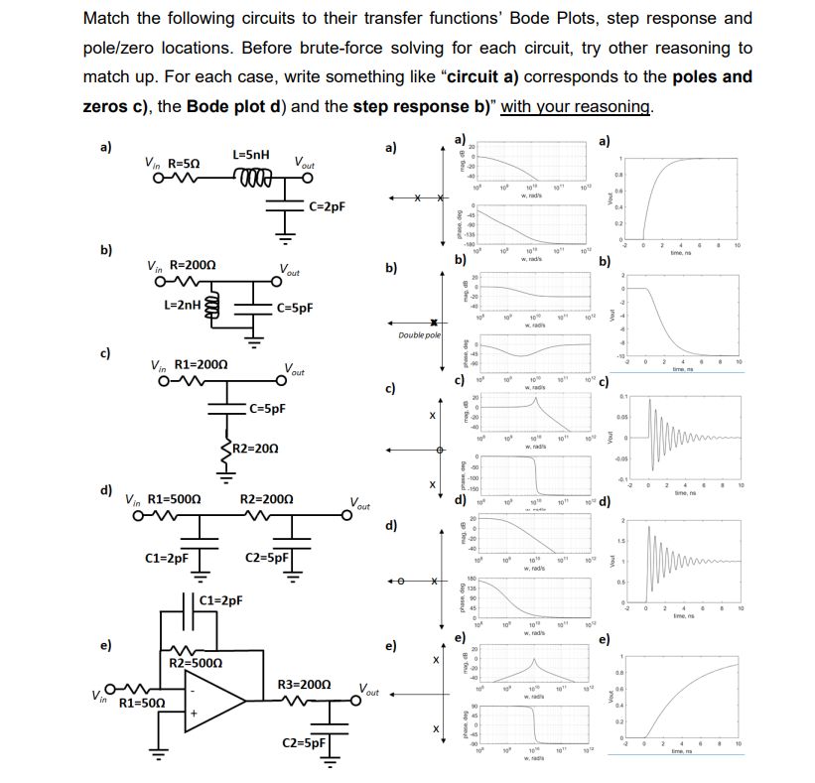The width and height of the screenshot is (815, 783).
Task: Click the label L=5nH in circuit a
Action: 249,155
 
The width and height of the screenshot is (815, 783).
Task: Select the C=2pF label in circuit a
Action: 326,206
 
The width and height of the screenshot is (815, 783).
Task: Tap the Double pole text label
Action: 420,337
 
